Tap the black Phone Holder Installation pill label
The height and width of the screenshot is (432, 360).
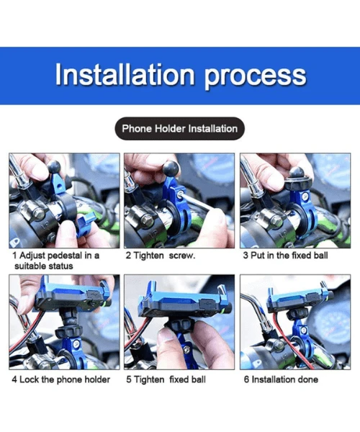pyautogui.click(x=179, y=129)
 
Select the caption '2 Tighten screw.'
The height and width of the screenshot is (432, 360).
pyautogui.click(x=160, y=256)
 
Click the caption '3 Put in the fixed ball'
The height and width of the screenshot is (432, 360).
pyautogui.click(x=285, y=256)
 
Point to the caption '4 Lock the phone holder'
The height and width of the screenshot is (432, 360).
pyautogui.click(x=60, y=379)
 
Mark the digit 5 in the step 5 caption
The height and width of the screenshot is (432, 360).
pyautogui.click(x=129, y=379)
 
